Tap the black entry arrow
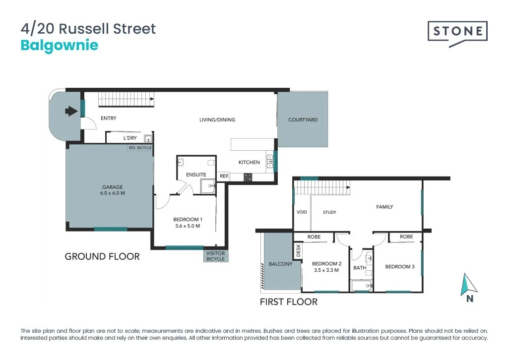pyautogui.click(x=72, y=111)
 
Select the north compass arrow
pyautogui.click(x=469, y=285)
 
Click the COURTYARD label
pyautogui.click(x=303, y=120)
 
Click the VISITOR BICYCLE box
pyautogui.click(x=215, y=255)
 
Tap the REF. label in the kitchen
pyautogui.click(x=224, y=177)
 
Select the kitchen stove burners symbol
pyautogui.click(x=248, y=177)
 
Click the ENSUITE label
pyautogui.click(x=196, y=175)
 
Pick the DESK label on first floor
pyautogui.click(x=298, y=250)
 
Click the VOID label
pyautogui.click(x=302, y=212)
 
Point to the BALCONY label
pyautogui.click(x=280, y=264)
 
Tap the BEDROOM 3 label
pyautogui.click(x=400, y=267)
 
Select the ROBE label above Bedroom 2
pyautogui.click(x=314, y=237)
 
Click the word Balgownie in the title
pyautogui.click(x=60, y=46)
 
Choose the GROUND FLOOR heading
pyautogui.click(x=102, y=256)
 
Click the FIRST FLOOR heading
pyautogui.click(x=289, y=301)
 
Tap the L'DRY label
pyautogui.click(x=130, y=138)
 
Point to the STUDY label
pyautogui.click(x=329, y=212)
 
